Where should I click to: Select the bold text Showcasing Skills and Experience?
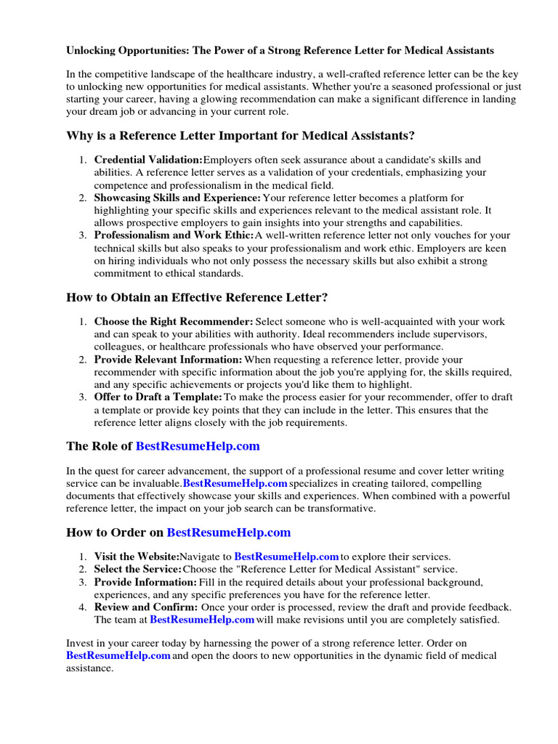point(177,198)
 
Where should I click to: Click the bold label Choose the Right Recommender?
point(173,321)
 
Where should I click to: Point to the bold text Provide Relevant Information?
point(168,359)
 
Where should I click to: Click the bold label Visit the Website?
point(137,557)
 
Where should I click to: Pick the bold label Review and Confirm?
point(145,607)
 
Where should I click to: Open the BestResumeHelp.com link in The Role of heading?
point(197,446)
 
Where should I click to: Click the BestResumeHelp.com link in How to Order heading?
point(229,533)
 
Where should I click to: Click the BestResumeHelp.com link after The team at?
point(202,620)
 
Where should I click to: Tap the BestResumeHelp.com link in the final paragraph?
point(118,655)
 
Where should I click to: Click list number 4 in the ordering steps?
point(84,607)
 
